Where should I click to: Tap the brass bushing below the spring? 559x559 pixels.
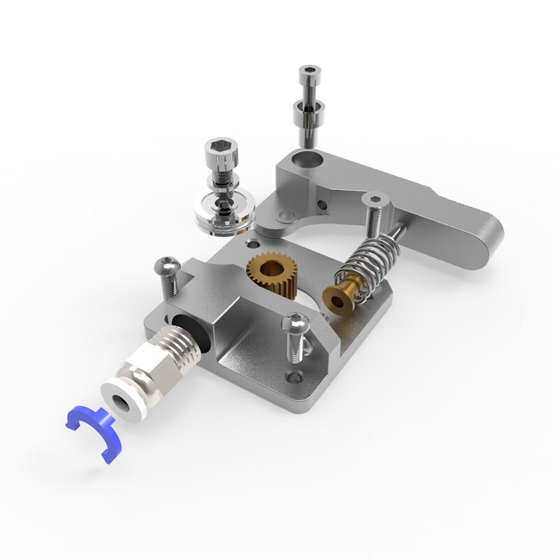pyautogui.click(x=341, y=296)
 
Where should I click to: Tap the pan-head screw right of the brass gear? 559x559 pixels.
pyautogui.click(x=296, y=324)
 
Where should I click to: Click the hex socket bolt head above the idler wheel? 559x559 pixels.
pyautogui.click(x=219, y=150)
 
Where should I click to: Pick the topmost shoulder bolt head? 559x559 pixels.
pyautogui.click(x=309, y=71)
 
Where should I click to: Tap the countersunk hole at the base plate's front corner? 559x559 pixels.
pyautogui.click(x=293, y=379)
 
